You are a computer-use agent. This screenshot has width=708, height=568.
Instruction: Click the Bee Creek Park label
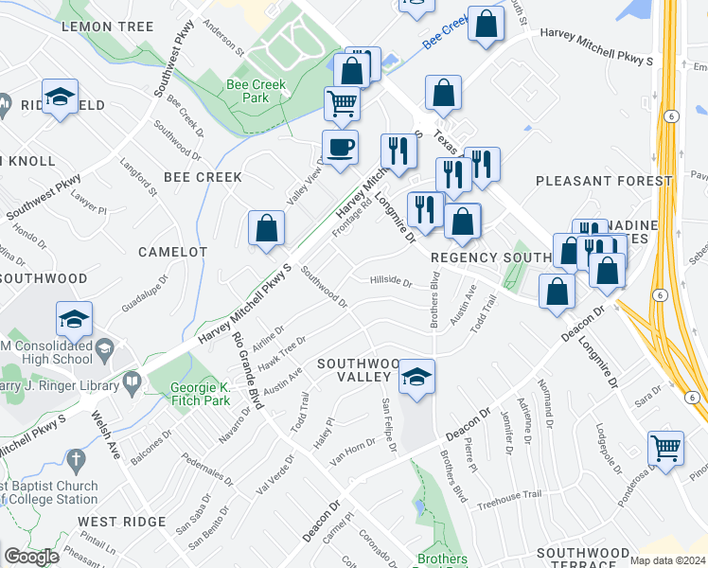pyautogui.click(x=249, y=90)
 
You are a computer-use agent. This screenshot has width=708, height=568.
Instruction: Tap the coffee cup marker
pyautogui.click(x=340, y=148)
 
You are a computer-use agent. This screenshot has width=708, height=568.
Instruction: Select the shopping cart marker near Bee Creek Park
pyautogui.click(x=342, y=102)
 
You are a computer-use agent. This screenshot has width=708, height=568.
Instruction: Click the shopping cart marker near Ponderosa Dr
pyautogui.click(x=665, y=448)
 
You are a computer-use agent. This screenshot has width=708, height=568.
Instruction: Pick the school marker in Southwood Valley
pyautogui.click(x=416, y=377)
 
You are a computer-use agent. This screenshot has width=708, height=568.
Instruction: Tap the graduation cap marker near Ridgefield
pyautogui.click(x=61, y=98)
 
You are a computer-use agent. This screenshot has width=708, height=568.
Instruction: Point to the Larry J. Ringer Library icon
pyautogui.click(x=131, y=382)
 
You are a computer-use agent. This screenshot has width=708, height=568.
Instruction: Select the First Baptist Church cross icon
pyautogui.click(x=78, y=461)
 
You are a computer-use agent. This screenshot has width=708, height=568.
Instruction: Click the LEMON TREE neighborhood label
pyautogui.click(x=107, y=27)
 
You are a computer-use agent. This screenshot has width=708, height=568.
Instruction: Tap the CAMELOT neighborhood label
pyautogui.click(x=172, y=252)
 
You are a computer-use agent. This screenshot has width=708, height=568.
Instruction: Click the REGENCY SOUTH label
pyautogui.click(x=490, y=257)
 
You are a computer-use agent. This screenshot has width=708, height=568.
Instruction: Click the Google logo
pyautogui.click(x=31, y=557)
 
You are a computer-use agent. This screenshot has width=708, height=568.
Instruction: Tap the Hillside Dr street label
pyautogui.click(x=390, y=281)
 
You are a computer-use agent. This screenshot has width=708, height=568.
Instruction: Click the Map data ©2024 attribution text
pyautogui.click(x=668, y=560)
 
